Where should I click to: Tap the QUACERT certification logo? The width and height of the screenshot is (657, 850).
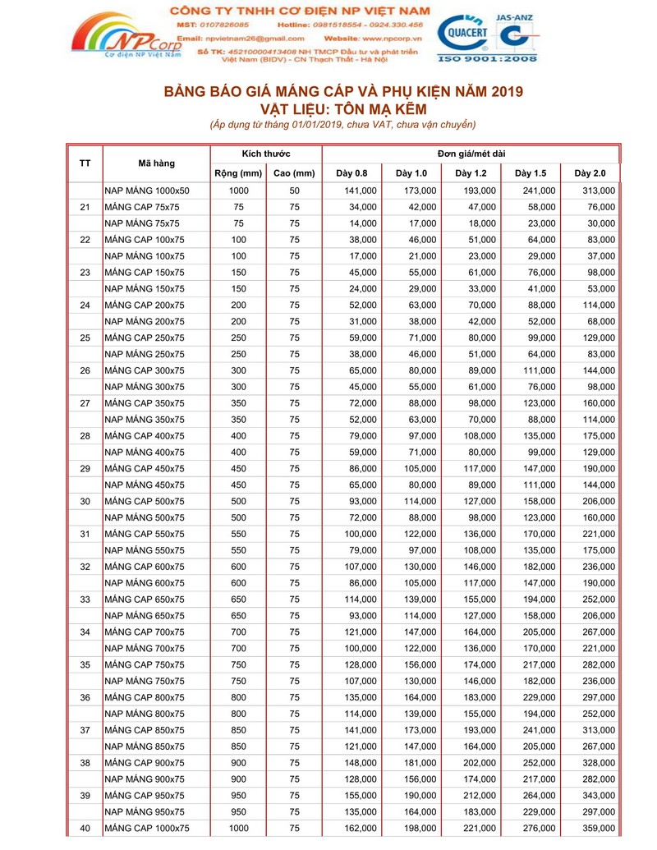464,35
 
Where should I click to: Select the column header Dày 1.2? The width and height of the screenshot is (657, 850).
471,173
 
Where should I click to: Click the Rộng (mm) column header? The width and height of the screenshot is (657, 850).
237,173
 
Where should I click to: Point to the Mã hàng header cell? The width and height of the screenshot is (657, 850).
156,163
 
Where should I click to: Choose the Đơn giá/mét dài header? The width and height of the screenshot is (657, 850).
471,154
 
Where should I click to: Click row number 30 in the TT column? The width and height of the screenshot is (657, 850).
85,501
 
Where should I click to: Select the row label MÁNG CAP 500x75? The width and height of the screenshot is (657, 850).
145,501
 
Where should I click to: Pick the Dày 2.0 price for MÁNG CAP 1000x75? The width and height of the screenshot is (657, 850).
595,829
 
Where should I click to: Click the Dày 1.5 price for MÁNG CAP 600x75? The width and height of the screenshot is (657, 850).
535,567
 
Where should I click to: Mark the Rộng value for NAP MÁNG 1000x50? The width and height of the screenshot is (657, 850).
238,191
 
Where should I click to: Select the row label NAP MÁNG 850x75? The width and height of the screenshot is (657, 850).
145,747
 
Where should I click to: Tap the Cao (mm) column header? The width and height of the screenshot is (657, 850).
294,173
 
